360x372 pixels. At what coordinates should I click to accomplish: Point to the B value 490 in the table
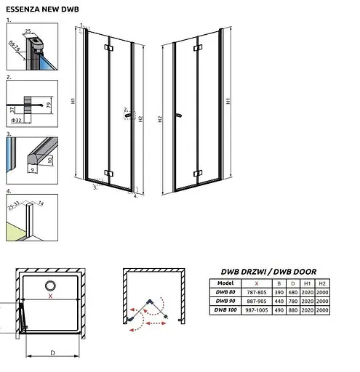[279, 310]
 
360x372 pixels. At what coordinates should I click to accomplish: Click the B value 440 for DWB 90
[279, 301]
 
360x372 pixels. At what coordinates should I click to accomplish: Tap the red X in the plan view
[50, 297]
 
